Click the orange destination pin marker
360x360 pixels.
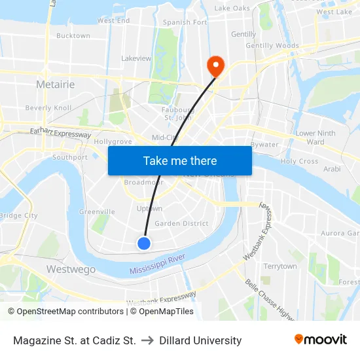(x=215, y=65)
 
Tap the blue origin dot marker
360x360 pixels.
(x=144, y=243)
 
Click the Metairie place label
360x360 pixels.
(x=55, y=84)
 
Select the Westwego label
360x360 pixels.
(x=71, y=269)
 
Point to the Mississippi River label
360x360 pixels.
(x=157, y=265)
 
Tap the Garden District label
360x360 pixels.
(x=181, y=223)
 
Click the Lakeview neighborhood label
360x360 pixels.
(x=136, y=58)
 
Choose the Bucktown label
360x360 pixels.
(x=73, y=35)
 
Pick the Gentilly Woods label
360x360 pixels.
(x=272, y=46)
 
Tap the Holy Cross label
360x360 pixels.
(x=299, y=161)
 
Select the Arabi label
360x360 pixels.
(x=332, y=169)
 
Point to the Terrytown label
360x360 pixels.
(x=280, y=266)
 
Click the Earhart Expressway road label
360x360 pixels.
(x=60, y=133)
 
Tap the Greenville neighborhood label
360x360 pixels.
(x=97, y=211)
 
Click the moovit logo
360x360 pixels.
(x=320, y=340)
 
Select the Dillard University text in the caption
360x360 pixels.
(x=200, y=340)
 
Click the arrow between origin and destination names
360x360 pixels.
(x=147, y=340)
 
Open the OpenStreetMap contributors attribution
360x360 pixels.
(x=66, y=312)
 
